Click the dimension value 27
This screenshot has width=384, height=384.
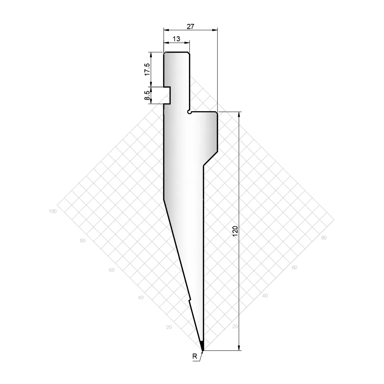coord(190,26)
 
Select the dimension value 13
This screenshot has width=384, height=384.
coord(176,39)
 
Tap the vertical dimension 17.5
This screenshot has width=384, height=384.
coord(147,69)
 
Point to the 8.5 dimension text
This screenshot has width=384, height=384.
coord(147,95)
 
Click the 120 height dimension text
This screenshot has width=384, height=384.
coord(235,231)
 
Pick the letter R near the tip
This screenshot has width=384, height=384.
coord(195,356)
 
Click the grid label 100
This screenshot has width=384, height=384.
coord(53,211)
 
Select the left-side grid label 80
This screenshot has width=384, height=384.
coord(83,241)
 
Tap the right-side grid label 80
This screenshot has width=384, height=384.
coord(324,238)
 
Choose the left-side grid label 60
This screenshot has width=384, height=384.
coord(112,270)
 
